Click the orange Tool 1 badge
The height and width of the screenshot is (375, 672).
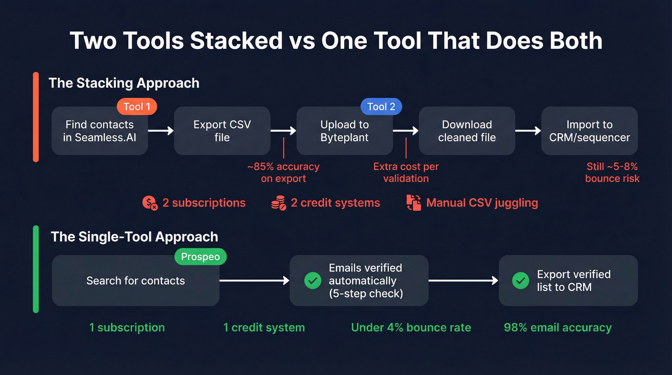tap(137, 107)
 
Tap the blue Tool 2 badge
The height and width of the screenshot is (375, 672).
tap(381, 107)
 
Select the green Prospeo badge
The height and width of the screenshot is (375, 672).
tap(200, 257)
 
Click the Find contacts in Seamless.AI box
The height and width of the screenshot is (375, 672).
tap(99, 131)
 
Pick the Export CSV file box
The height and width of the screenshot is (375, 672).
tap(222, 131)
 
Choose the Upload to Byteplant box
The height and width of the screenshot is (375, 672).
tap(344, 131)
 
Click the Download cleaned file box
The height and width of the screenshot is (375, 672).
tap(467, 131)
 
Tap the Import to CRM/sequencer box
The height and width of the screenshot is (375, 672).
tap(589, 131)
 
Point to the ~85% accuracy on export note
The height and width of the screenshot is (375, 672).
tap(283, 173)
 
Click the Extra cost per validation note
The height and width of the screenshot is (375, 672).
tap(406, 173)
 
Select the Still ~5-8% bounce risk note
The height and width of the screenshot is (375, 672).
tap(612, 173)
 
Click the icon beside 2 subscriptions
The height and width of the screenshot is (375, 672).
tap(150, 203)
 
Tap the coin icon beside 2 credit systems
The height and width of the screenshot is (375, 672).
tap(278, 203)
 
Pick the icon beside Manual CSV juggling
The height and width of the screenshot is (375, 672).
tap(413, 203)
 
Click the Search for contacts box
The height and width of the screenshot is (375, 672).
tap(135, 281)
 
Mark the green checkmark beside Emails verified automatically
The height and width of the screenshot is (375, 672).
tap(313, 281)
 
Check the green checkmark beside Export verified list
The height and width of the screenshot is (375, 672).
tap(520, 281)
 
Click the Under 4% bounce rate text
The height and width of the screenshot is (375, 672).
tap(411, 328)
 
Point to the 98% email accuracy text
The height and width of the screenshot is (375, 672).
tap(557, 328)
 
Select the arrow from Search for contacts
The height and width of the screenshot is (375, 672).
tap(254, 281)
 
